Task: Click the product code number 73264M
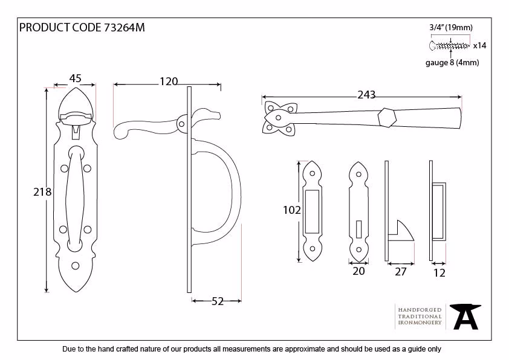(125, 28)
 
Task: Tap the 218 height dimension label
(42, 192)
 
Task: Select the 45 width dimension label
(76, 78)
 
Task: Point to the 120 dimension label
(169, 82)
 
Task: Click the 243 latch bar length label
(366, 95)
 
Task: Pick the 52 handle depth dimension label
(218, 301)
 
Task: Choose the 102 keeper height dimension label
(292, 210)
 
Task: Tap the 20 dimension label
(358, 271)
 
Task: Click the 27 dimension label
(401, 272)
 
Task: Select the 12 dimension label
(439, 273)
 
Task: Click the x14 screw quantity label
(479, 46)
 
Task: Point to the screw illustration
(449, 46)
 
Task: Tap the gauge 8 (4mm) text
(452, 62)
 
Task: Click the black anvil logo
(465, 317)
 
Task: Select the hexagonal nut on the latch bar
(387, 117)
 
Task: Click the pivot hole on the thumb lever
(182, 124)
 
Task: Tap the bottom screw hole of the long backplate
(76, 266)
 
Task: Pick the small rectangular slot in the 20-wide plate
(358, 230)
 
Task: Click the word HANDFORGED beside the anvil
(420, 310)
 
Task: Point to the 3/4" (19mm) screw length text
(451, 28)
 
